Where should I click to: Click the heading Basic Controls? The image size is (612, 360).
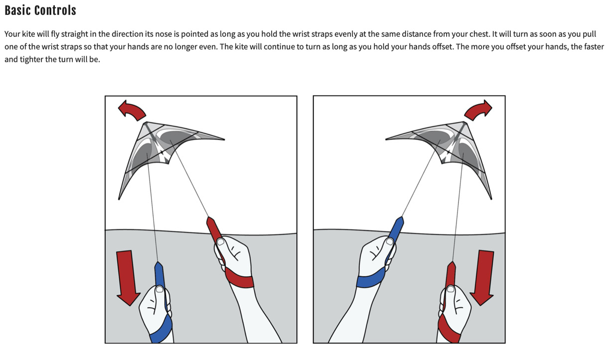(x=40, y=10)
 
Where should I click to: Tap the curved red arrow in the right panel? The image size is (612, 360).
(x=479, y=109)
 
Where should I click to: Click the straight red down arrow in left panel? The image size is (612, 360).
(x=127, y=277)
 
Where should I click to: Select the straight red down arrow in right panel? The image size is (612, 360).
(x=482, y=277)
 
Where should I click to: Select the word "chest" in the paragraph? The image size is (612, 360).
(x=479, y=34)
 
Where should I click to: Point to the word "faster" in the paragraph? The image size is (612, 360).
(x=594, y=47)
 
